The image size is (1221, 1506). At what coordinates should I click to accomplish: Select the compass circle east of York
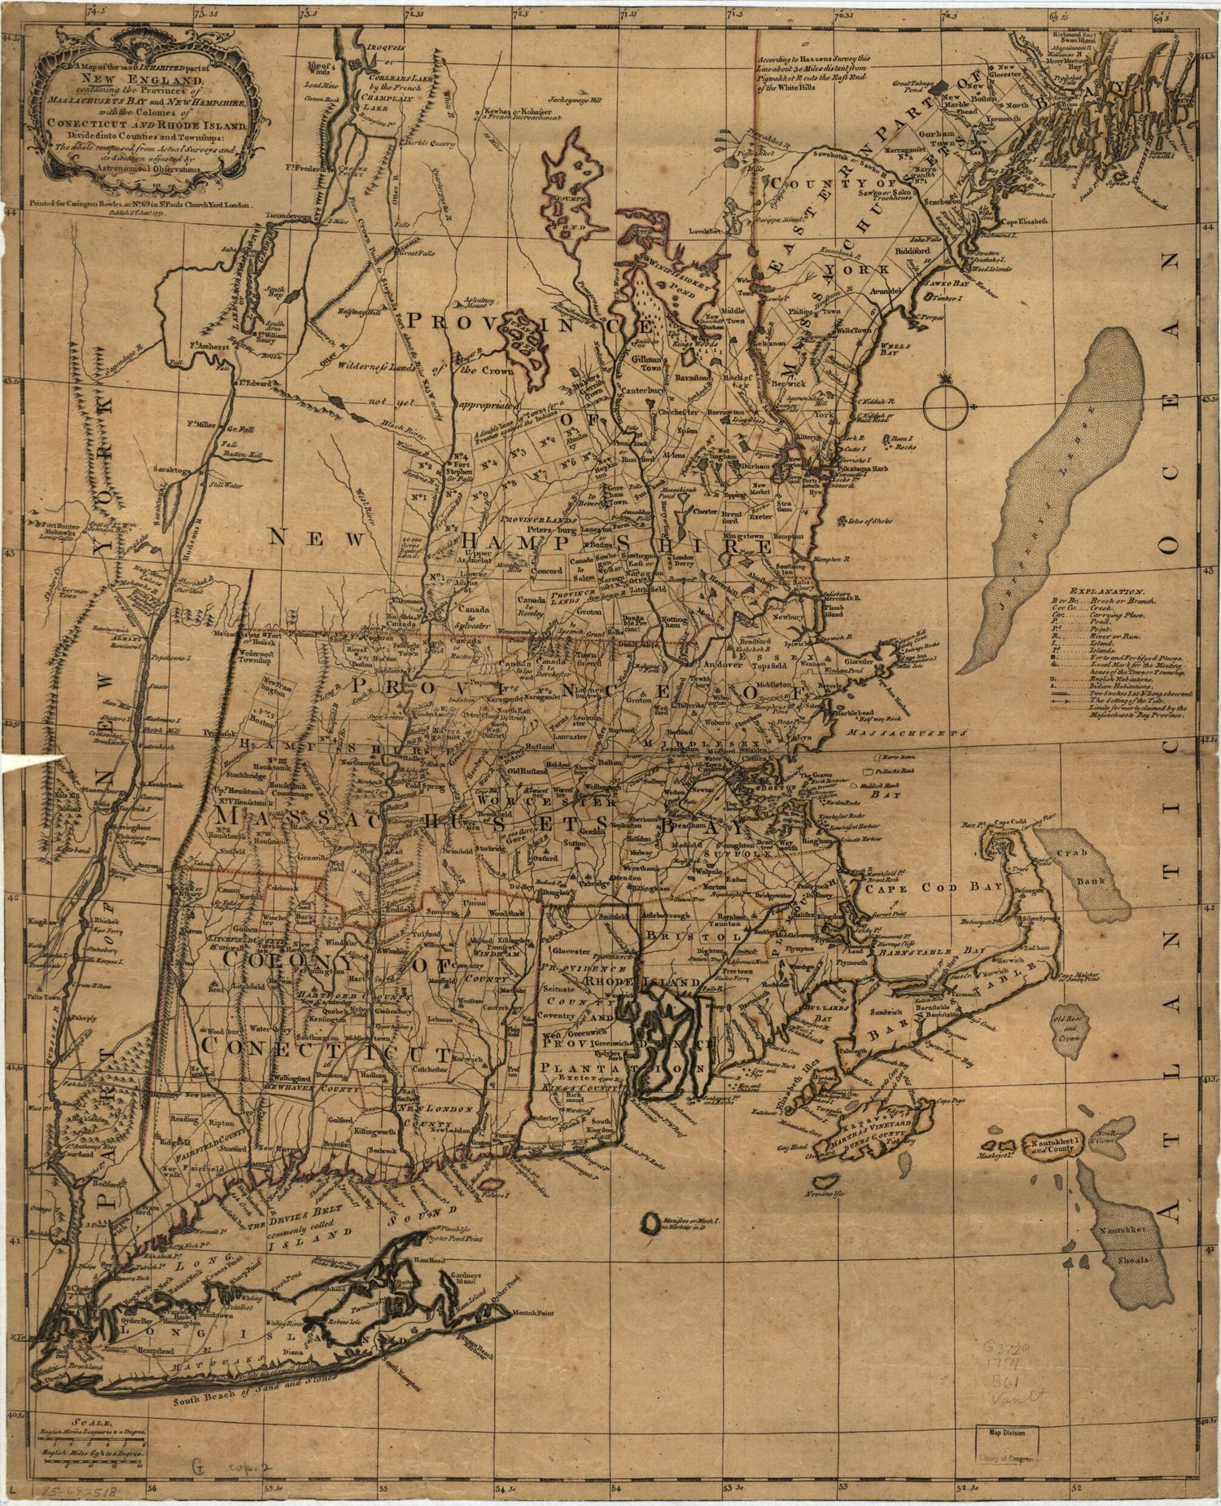[947, 406]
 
